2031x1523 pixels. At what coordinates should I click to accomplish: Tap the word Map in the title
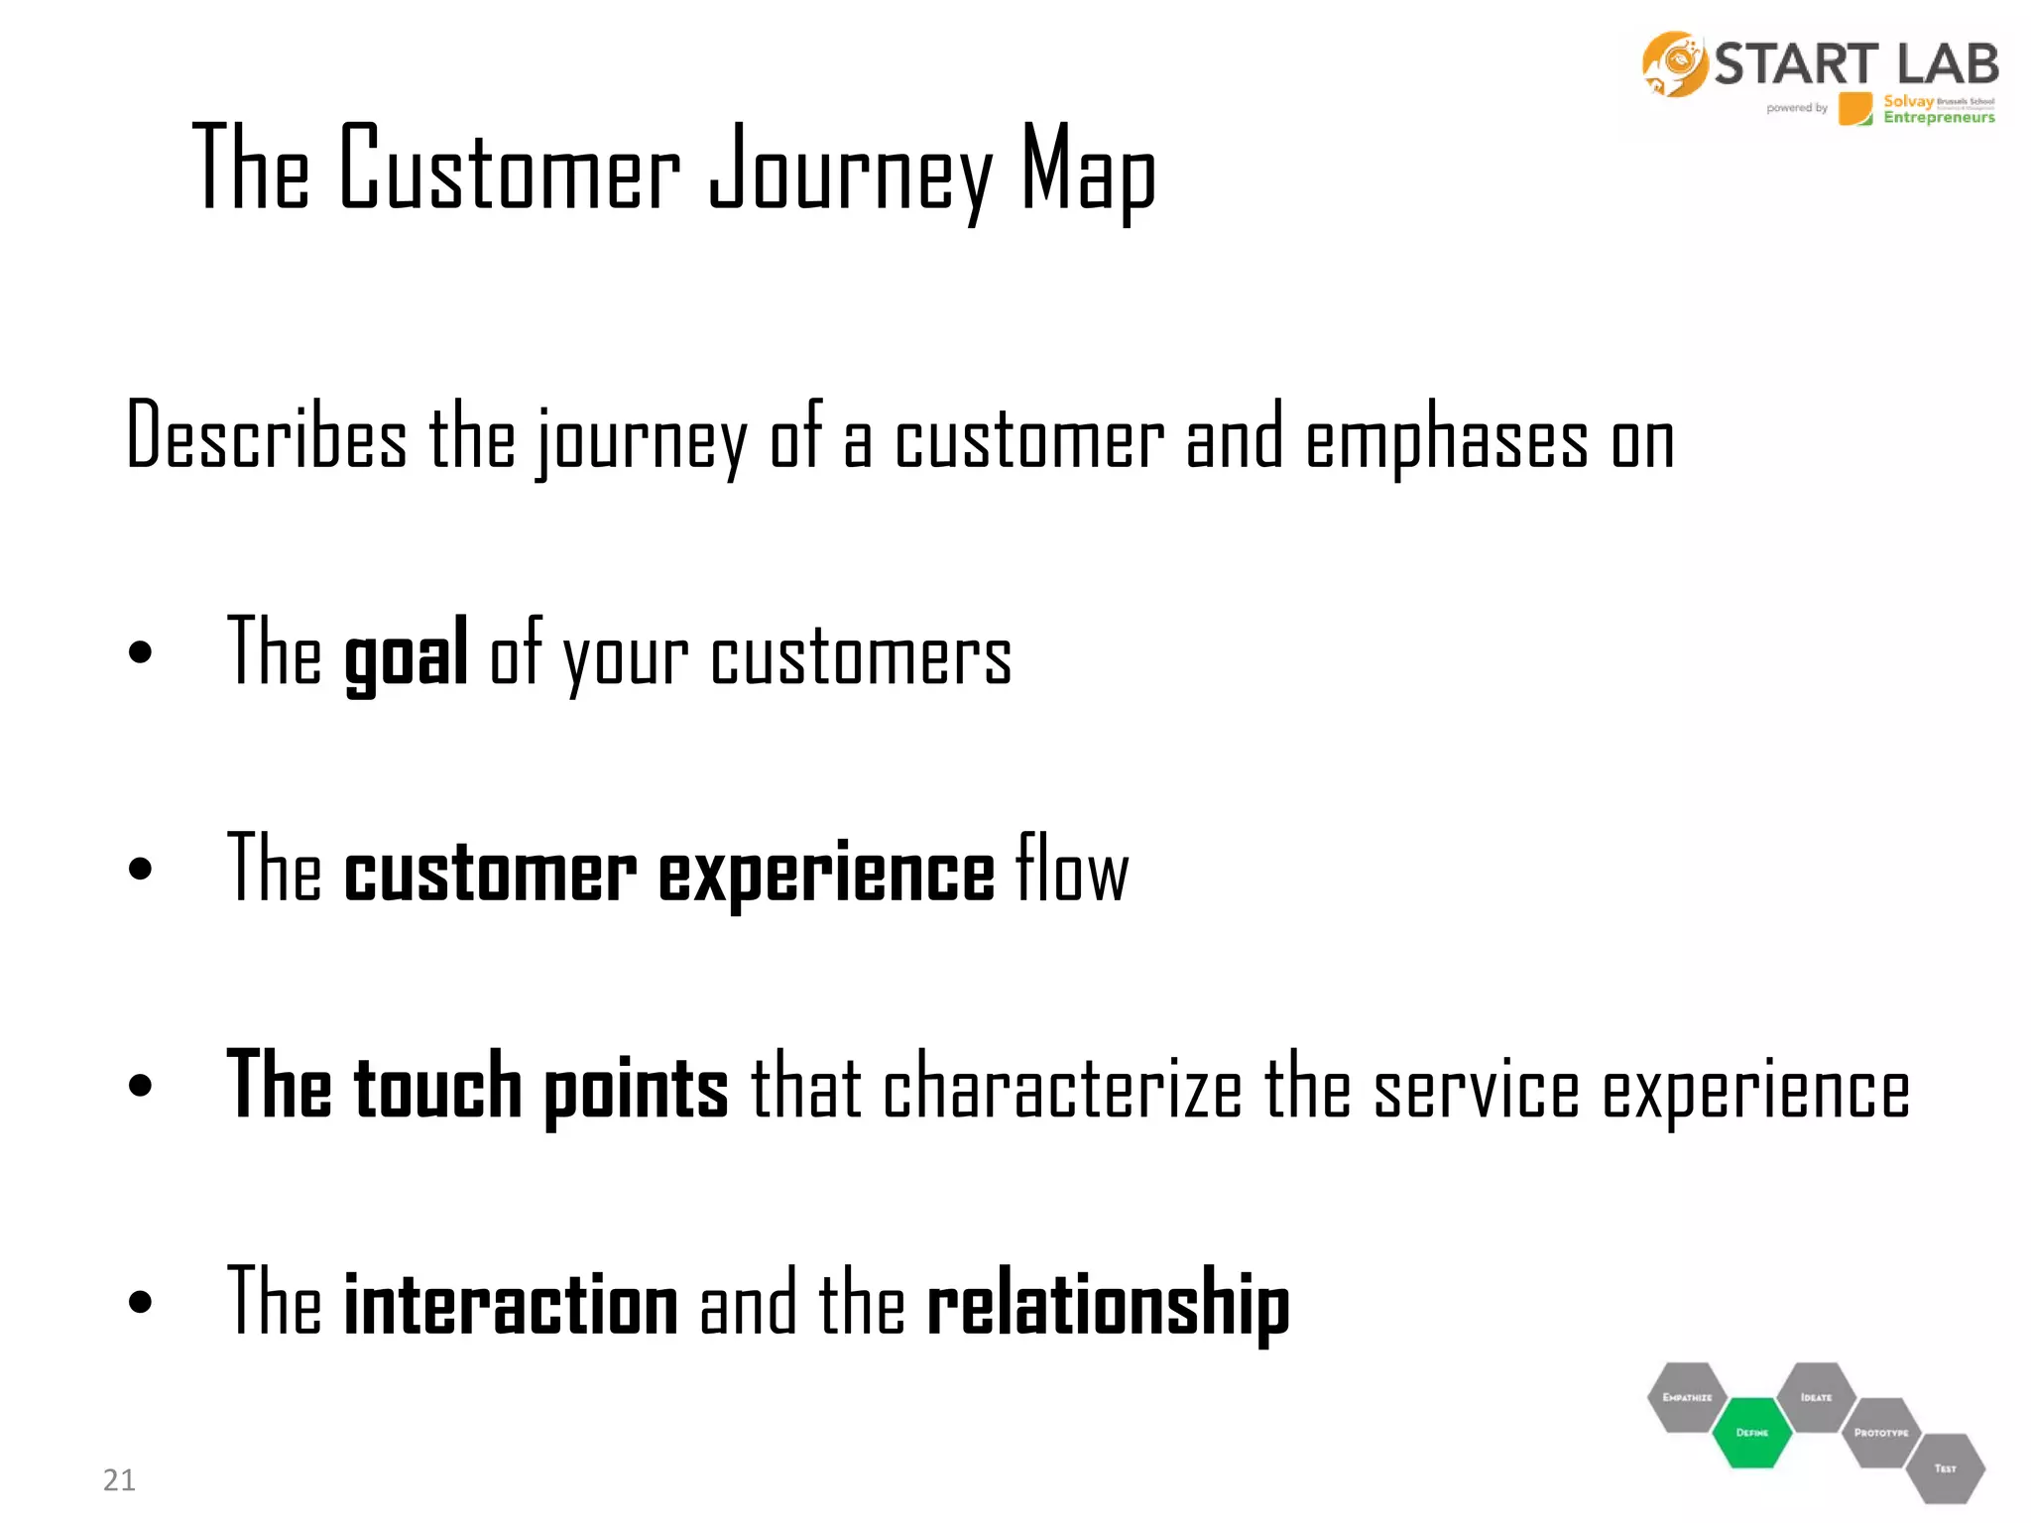pos(1088,171)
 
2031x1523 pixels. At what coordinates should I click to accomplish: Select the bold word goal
pos(406,655)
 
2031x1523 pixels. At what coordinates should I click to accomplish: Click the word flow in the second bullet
pos(1072,870)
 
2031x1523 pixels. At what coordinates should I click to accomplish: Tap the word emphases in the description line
pos(1447,440)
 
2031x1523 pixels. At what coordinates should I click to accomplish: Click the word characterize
pos(1062,1088)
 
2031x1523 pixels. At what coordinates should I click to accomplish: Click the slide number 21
pos(119,1479)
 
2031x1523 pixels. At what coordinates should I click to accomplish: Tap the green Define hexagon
pos(1751,1433)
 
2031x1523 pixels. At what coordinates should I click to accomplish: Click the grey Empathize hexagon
pos(1687,1397)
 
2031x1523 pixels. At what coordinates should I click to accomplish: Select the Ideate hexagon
pos(1816,1397)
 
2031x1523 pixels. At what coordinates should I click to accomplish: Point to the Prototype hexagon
pos(1880,1433)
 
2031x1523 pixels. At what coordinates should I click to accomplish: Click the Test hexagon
pos(1945,1468)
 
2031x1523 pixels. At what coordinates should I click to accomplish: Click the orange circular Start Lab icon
pos(1674,64)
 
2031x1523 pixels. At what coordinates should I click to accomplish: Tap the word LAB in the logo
pos(1947,64)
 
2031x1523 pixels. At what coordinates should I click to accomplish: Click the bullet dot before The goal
pos(141,652)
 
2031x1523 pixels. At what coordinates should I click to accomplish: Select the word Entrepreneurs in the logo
pos(1939,118)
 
